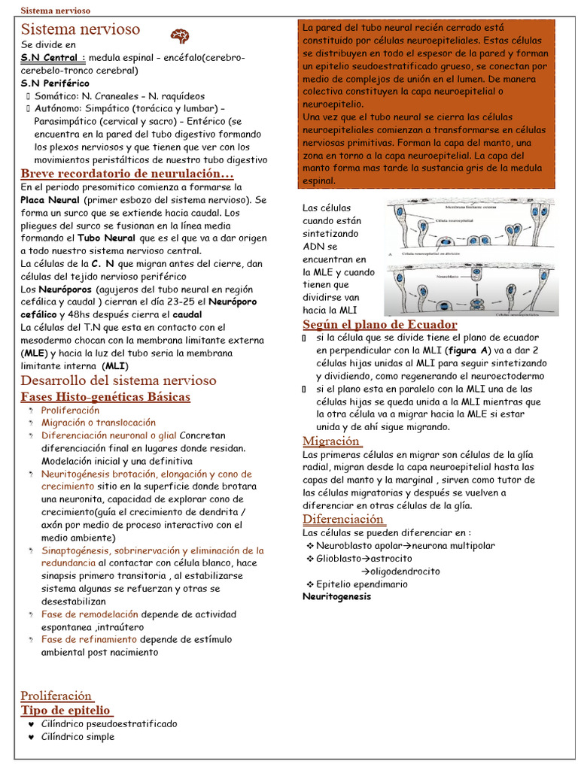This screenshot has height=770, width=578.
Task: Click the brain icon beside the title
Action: pos(179,35)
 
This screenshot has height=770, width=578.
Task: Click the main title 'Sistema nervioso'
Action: pos(81,29)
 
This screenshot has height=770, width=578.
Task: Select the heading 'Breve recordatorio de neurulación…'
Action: pos(127,174)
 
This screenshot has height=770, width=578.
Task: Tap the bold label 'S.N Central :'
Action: pos(53,58)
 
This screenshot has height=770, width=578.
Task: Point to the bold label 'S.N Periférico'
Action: pos(55,83)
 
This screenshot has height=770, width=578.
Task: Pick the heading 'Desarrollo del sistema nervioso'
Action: pos(118,380)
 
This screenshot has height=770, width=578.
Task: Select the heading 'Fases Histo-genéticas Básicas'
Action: pos(105,396)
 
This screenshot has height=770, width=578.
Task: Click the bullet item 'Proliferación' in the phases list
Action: pos(70,411)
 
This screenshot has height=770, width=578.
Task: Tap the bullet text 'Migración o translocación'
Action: pos(99,423)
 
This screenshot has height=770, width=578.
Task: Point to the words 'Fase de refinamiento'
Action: pos(89,639)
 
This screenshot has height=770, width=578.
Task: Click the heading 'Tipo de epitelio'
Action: pos(67,710)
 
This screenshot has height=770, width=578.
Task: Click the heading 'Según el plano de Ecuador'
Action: pos(380,324)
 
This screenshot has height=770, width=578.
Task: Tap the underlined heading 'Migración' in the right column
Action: pos(331,441)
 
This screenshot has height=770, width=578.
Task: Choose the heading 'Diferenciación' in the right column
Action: pos(344,519)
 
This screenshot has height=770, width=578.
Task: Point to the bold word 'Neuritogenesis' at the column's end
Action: pos(336,597)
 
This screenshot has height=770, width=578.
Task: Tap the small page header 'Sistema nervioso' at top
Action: pos(55,11)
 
